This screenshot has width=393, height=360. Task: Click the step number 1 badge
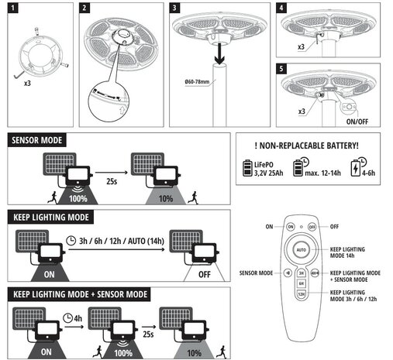(x=13, y=8)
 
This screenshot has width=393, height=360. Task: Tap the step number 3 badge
(x=174, y=8)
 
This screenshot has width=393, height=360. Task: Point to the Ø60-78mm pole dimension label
(x=197, y=82)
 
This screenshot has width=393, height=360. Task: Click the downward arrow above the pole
(x=219, y=53)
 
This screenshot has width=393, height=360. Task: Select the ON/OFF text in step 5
(x=357, y=122)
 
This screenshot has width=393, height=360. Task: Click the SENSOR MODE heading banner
(x=36, y=140)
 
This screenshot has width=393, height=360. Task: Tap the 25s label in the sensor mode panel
(x=112, y=181)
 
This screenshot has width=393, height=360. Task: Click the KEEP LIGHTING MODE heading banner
(x=51, y=217)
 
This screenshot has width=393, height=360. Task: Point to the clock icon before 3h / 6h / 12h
(x=71, y=241)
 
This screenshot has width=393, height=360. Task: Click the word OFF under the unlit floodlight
(x=205, y=274)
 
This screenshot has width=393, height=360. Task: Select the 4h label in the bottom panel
(x=78, y=318)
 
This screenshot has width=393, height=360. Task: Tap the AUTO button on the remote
(x=302, y=250)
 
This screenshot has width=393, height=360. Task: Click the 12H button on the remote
(x=302, y=294)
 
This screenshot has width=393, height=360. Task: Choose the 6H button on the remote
(x=302, y=283)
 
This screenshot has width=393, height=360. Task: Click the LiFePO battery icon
(x=247, y=168)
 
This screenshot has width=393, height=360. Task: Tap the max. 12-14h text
(x=322, y=173)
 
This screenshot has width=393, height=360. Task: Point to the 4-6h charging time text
(x=368, y=173)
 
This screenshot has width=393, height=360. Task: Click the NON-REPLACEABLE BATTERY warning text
(x=306, y=146)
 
